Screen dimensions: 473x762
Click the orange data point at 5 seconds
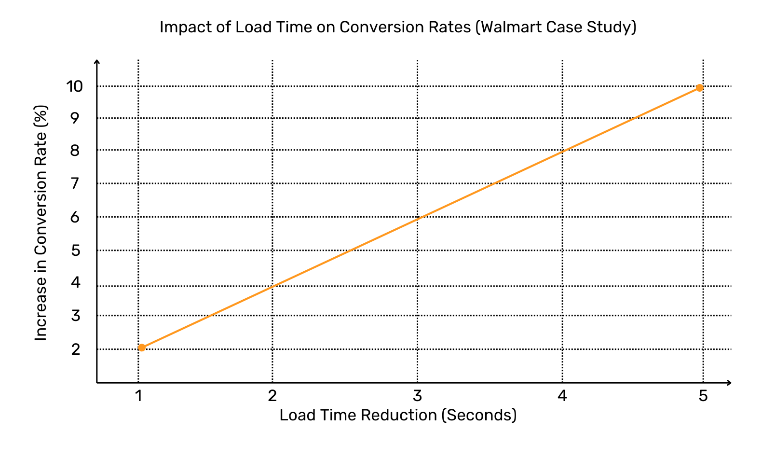coord(699,88)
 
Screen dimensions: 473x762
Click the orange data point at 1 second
coord(142,348)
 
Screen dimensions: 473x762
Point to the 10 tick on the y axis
coord(75,86)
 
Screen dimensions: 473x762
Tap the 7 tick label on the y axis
coord(75,183)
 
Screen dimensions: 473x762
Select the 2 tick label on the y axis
coord(76,349)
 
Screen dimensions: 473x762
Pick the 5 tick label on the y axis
coord(75,250)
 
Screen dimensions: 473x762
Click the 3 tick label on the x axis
coord(417,396)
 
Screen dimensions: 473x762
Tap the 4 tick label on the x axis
coord(562,396)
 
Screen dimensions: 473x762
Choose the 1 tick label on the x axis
coord(138,396)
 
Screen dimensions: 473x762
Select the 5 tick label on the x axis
coord(703,396)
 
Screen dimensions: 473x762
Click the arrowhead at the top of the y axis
coord(97,62)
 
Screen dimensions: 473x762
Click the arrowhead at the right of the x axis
coord(729,383)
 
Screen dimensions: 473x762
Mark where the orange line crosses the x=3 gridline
coord(417,219)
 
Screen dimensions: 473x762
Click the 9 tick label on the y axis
coord(75,118)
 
